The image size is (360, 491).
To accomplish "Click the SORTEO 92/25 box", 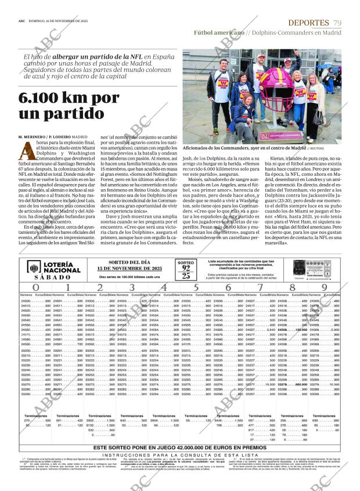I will click(x=186, y=269).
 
